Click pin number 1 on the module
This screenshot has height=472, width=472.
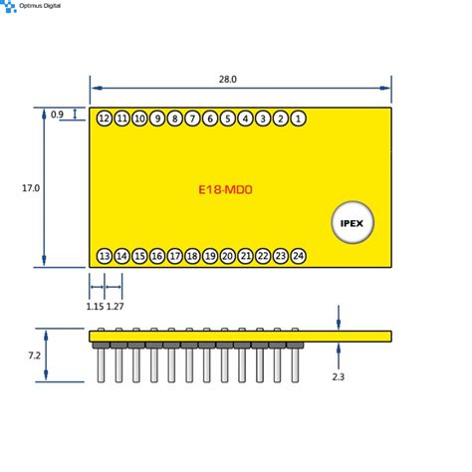point(299,119)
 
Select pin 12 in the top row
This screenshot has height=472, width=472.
point(104,119)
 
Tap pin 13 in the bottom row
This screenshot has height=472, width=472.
point(104,256)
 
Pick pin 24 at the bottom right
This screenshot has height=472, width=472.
point(299,256)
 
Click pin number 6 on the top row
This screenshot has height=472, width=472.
point(210,119)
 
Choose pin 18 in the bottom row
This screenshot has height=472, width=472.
point(192,256)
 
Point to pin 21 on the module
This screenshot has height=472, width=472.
point(245,256)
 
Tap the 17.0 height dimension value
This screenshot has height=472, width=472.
point(29,187)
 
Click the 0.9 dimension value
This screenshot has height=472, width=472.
point(57,115)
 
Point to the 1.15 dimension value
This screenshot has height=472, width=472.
point(96,306)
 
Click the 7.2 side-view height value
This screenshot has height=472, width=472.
point(33,354)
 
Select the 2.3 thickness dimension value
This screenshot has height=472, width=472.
point(340,376)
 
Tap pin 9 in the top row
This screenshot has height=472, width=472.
point(157,119)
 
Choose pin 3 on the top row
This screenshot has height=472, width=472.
point(263,119)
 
